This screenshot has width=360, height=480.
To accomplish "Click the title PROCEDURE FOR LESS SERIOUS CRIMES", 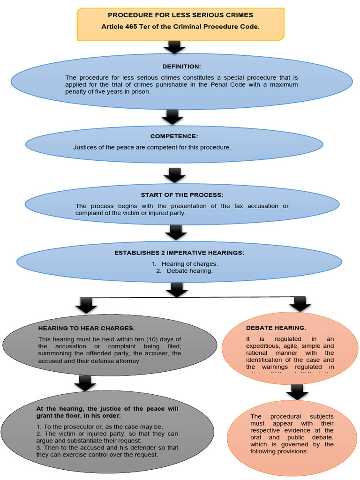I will tap(180, 15).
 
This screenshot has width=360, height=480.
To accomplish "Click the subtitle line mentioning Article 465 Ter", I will tap(180, 27).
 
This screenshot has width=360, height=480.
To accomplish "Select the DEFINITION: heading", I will tap(181, 67).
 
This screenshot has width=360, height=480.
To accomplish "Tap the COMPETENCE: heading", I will tap(174, 136).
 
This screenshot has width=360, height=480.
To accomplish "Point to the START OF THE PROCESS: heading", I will tap(182, 195).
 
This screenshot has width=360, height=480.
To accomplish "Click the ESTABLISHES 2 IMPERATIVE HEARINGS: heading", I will tap(179, 253).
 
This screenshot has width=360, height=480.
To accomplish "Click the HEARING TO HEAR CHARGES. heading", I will tap(86, 328).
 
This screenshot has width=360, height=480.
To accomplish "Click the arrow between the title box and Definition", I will tap(174, 47).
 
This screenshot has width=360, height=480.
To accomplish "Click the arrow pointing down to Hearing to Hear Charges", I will tap(86, 306).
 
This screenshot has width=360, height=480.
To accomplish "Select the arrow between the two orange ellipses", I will tap(297, 391).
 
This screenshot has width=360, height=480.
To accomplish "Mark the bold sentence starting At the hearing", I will tap(107, 412).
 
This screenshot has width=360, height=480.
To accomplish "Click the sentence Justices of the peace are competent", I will tap(152, 147).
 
